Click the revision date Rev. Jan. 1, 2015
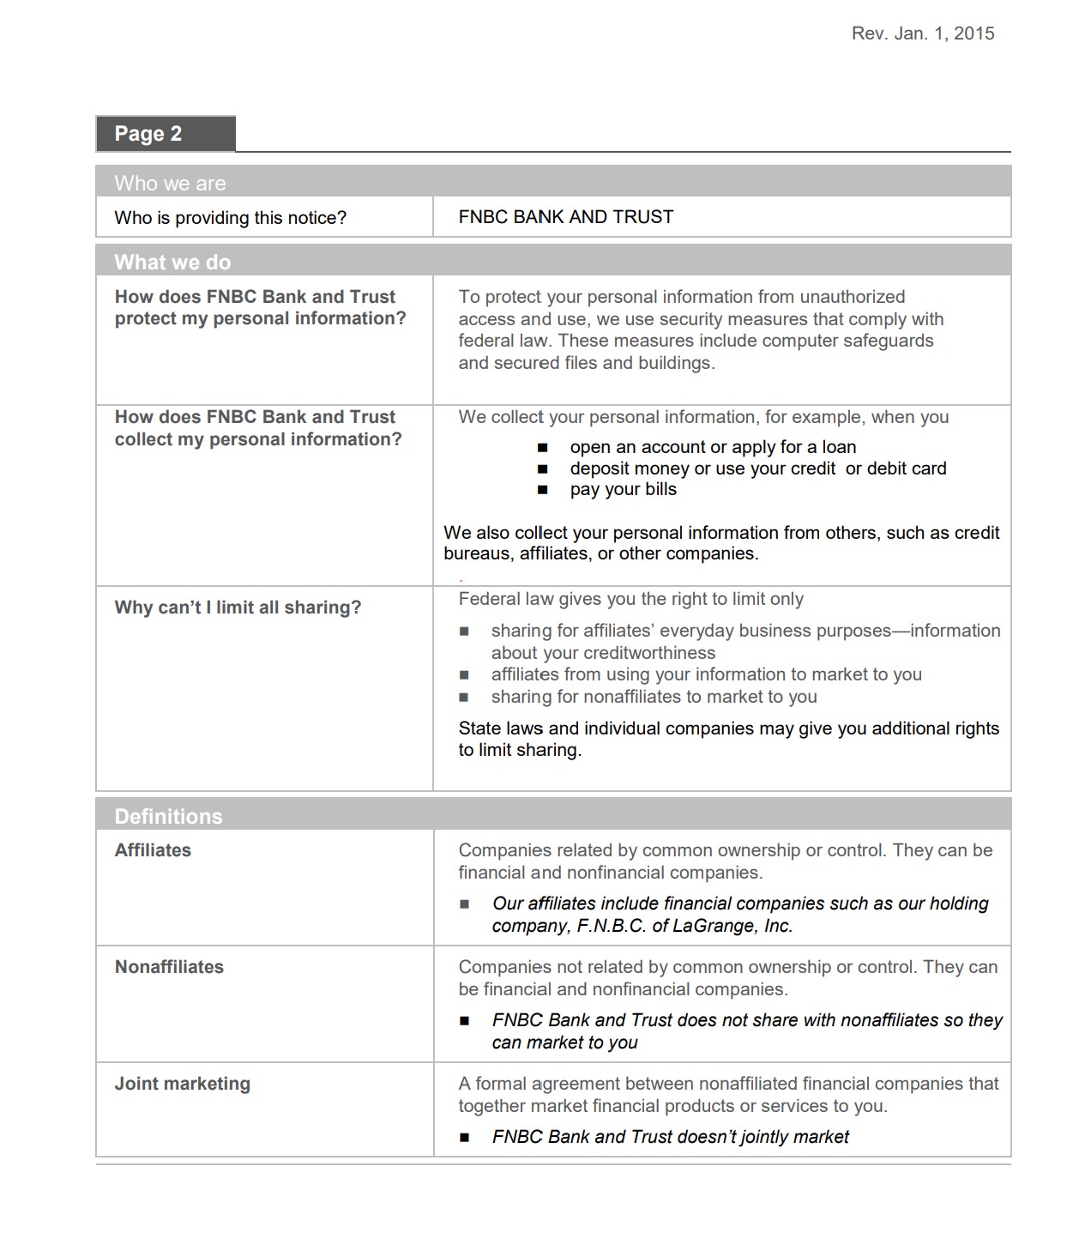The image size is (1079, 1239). tap(922, 33)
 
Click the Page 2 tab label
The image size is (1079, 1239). tap(148, 134)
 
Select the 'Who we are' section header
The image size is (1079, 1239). tap(170, 183)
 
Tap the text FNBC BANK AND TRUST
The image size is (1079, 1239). tap(565, 217)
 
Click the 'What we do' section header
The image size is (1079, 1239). tap(172, 262)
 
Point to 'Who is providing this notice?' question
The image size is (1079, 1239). tap(230, 218)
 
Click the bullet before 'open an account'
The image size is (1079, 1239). tap(542, 448)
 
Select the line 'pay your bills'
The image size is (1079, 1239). tap(623, 489)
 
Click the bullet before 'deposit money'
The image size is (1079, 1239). tap(542, 469)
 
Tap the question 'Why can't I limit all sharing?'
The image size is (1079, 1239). tap(238, 607)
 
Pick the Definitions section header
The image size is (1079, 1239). tap(168, 816)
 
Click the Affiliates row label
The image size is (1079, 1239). tap(153, 850)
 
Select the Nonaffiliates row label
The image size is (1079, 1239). tap(169, 967)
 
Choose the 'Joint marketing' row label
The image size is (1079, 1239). tap(182, 1084)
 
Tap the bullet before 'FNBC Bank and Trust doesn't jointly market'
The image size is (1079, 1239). tap(464, 1138)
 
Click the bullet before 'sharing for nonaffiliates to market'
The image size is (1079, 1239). tap(464, 698)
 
